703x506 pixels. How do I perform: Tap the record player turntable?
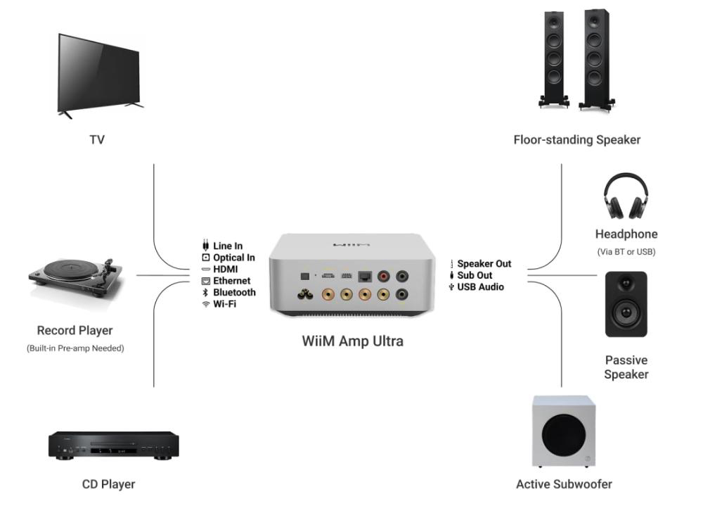tap(76, 279)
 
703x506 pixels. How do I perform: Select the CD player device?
tap(113, 445)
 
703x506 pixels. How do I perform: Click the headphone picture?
tap(626, 196)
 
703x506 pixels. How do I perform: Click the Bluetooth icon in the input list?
tap(205, 292)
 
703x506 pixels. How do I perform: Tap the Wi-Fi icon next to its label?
tap(206, 305)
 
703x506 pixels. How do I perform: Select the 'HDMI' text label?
tap(226, 269)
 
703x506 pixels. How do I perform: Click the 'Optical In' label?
tap(234, 258)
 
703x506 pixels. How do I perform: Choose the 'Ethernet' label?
tap(232, 281)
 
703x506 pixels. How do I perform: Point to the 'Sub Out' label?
tap(475, 275)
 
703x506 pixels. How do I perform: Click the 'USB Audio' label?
tap(481, 287)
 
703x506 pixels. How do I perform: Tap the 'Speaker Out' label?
tap(484, 263)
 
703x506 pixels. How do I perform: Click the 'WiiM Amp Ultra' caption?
tap(352, 341)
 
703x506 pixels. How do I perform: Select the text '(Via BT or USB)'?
tap(626, 252)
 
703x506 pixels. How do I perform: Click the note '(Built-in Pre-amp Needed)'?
tap(75, 348)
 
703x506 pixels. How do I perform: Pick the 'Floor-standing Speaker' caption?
tap(577, 140)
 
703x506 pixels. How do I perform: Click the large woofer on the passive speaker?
tap(626, 312)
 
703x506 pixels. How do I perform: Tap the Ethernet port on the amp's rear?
tap(365, 277)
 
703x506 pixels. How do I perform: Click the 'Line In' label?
tap(228, 246)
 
